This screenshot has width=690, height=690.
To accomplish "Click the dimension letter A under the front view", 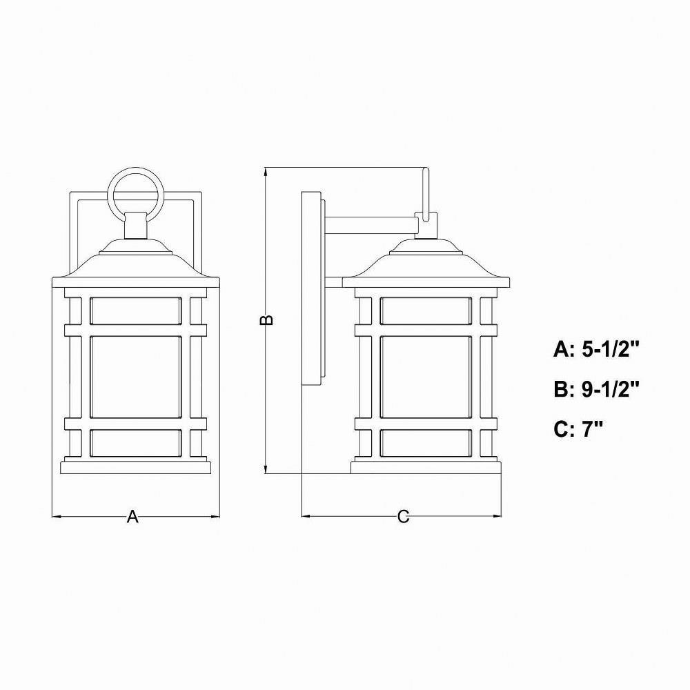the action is point(132,516).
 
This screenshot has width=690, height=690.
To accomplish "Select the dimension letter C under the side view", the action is point(403,517).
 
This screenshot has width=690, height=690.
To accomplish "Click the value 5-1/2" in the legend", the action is point(610,350).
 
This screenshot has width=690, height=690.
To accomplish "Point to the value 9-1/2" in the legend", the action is point(611,389).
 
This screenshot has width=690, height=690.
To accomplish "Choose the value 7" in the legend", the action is point(592,429).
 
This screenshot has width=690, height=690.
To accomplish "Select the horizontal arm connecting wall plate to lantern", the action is point(371,224).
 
